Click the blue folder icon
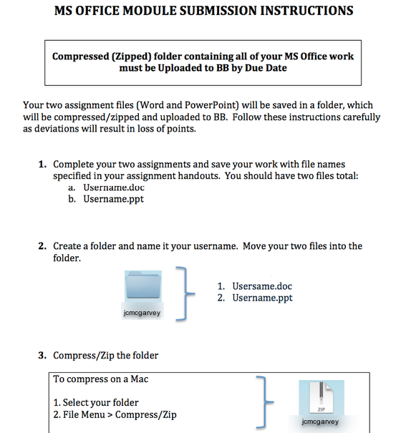[143, 286]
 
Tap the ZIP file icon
[322, 397]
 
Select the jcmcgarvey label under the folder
[142, 313]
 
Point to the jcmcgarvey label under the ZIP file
[320, 422]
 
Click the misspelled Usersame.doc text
[262, 286]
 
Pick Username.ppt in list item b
[114, 199]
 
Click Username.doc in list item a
[114, 188]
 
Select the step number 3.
[42, 355]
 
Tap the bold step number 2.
[42, 245]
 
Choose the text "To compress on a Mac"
[100, 379]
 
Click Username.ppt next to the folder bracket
[262, 298]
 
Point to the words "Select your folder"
[100, 403]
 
